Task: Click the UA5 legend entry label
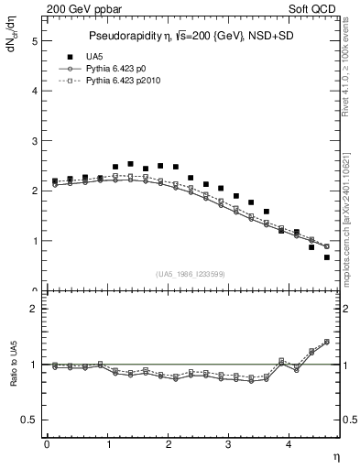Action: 108,58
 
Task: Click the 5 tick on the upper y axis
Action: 35,41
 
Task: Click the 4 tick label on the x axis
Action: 289,444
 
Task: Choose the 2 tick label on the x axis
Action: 169,444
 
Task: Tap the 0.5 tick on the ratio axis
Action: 30,420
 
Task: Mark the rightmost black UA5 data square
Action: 327,257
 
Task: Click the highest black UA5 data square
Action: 130,164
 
